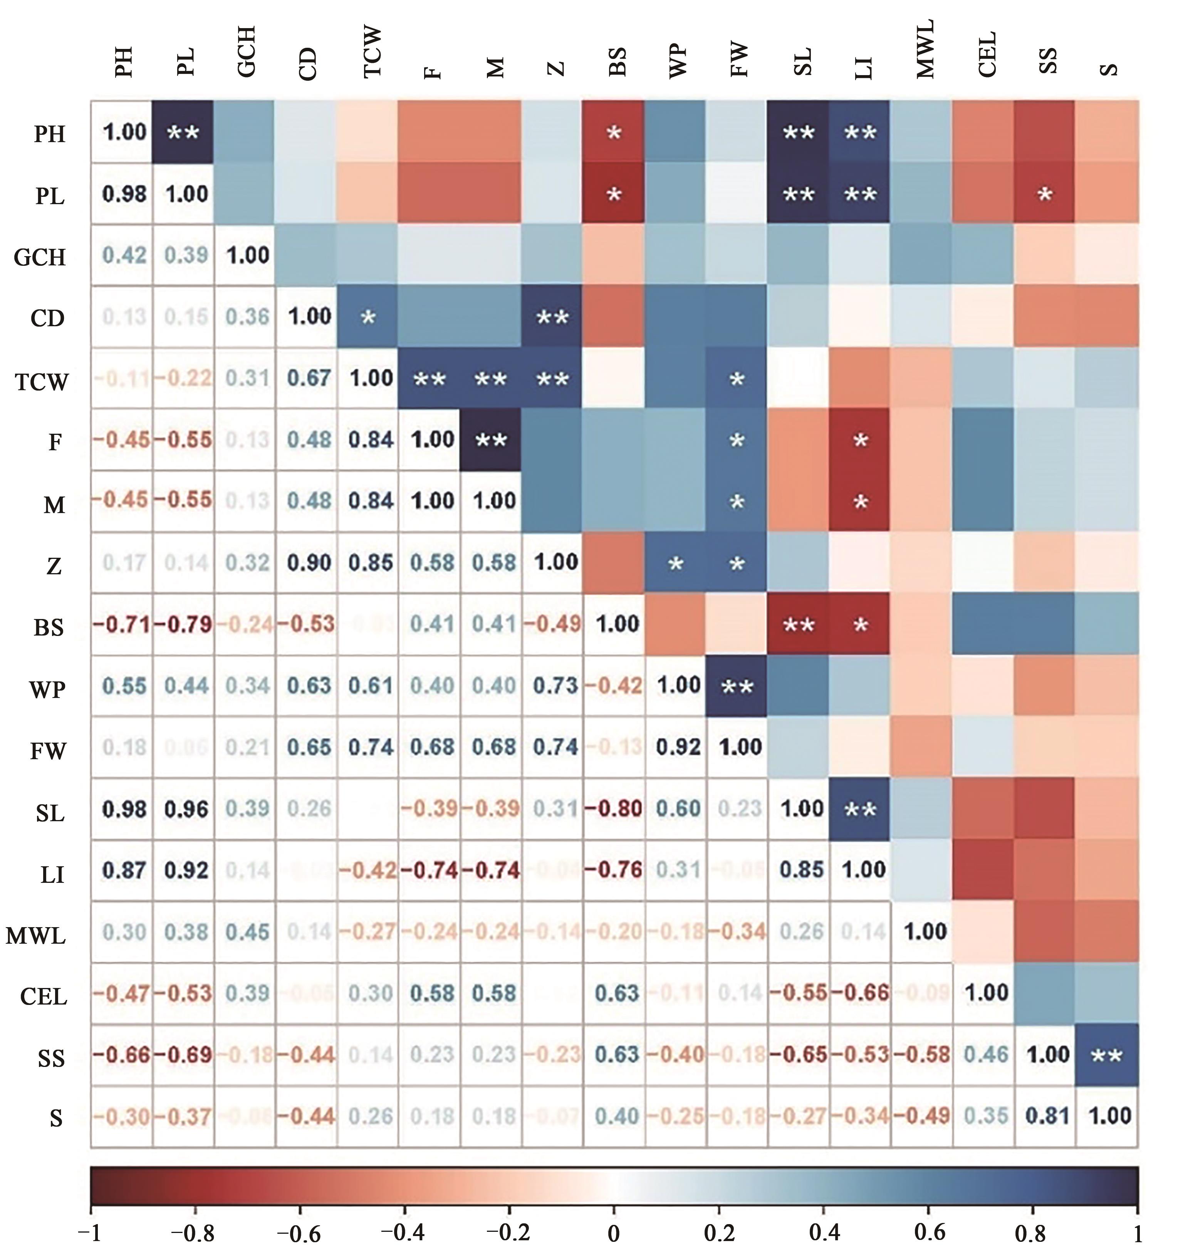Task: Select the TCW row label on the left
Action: [42, 381]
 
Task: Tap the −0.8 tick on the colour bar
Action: [194, 1230]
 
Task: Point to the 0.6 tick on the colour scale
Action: [928, 1230]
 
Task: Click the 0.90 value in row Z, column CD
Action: [310, 562]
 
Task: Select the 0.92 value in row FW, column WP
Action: [678, 747]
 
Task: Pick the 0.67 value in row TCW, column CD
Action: [310, 378]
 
